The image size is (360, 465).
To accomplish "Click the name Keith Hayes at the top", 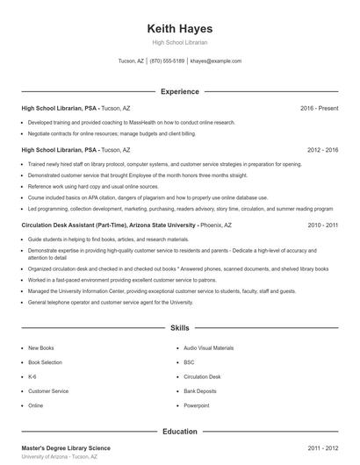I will click(180, 28).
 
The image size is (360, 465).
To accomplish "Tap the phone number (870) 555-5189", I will click(167, 61).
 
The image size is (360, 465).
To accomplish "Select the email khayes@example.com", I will click(216, 61).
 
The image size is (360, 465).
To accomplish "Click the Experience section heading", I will click(180, 91).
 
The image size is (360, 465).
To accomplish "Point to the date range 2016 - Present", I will click(319, 108).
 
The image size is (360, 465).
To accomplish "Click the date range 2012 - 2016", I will click(320, 150).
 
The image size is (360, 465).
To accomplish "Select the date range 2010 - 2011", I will click(322, 225).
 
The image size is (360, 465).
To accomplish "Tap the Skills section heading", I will click(180, 328).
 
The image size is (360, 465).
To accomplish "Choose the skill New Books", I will click(41, 348).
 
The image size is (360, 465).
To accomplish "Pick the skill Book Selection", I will click(46, 362).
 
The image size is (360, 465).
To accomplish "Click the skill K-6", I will click(33, 376).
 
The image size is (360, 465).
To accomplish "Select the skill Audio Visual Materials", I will click(209, 348).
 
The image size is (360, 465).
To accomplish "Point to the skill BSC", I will click(189, 362).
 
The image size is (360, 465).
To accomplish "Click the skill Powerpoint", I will click(197, 405).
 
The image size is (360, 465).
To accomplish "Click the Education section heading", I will click(180, 432).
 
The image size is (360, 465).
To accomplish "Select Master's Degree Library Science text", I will click(66, 448).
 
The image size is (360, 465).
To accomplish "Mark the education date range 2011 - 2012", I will click(322, 448).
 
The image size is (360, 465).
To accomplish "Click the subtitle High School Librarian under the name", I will click(180, 42).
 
